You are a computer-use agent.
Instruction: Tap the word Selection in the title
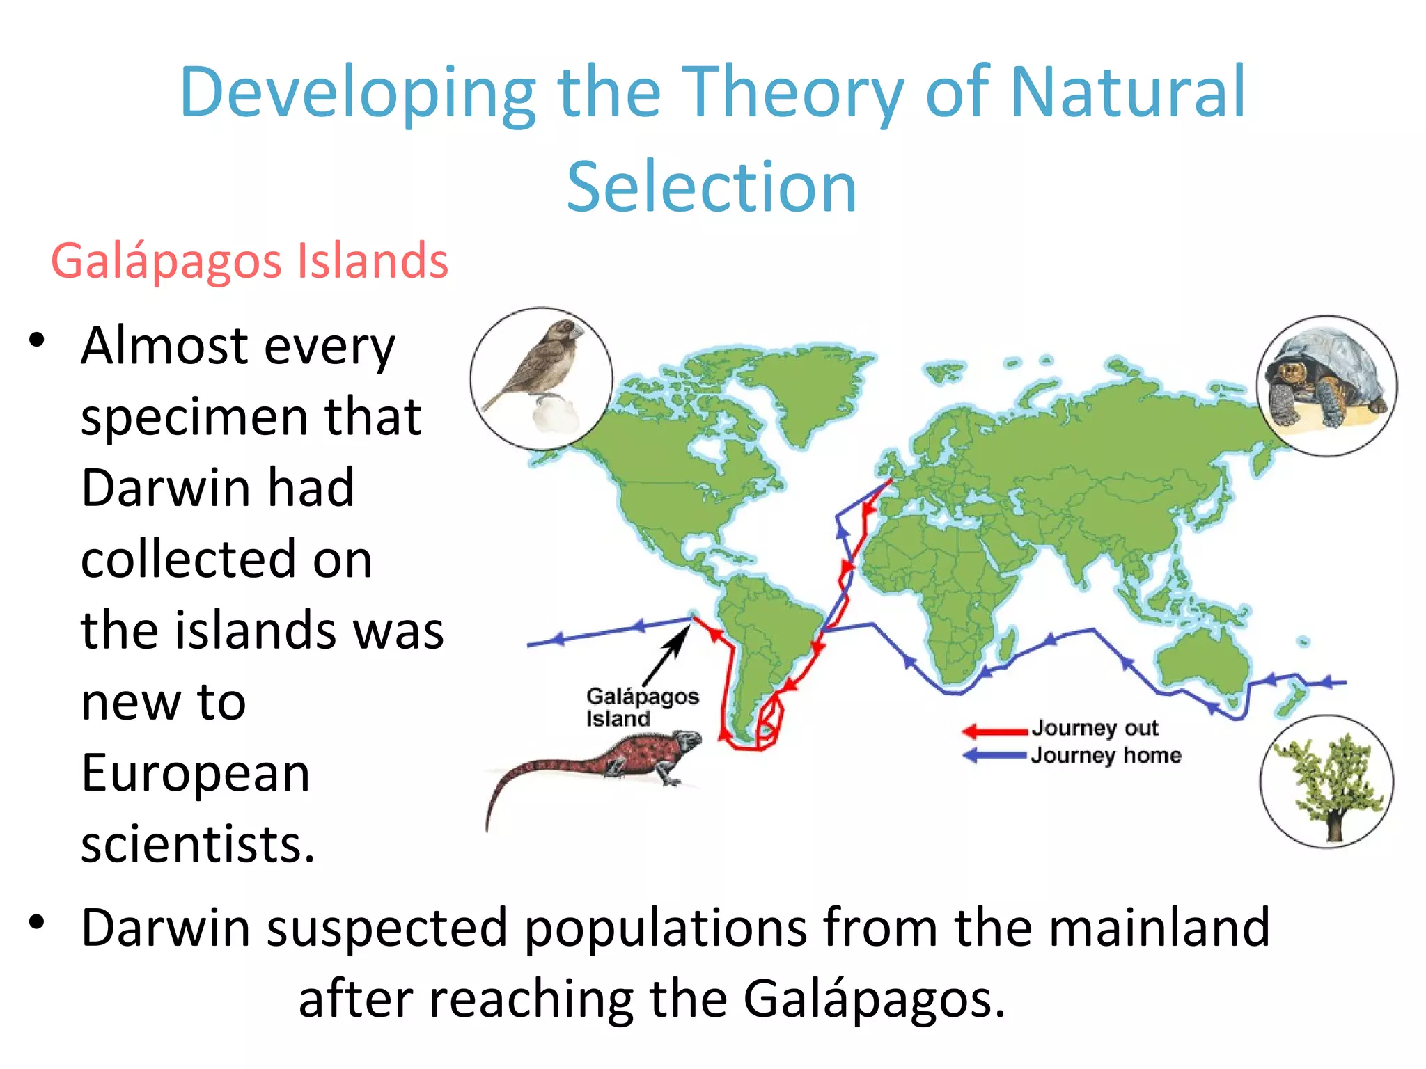(712, 188)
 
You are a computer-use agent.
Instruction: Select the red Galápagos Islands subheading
(249, 261)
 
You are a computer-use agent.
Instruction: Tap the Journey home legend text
(1106, 755)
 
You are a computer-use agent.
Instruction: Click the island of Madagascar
(1005, 647)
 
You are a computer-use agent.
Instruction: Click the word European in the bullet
(195, 773)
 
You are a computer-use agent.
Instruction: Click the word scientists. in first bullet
(198, 844)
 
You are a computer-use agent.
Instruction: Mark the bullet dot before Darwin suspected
(37, 922)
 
